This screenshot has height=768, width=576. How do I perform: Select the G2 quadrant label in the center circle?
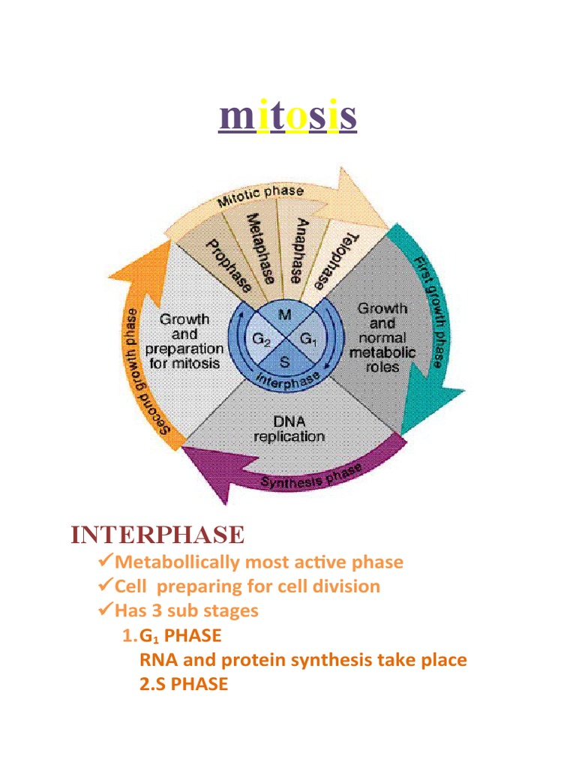[x=262, y=340]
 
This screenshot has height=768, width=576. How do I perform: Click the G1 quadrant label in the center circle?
[x=308, y=340]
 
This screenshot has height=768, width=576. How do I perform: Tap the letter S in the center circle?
[x=285, y=360]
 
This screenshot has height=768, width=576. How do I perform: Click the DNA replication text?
[x=289, y=427]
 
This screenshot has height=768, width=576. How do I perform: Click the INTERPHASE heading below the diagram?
[x=157, y=535]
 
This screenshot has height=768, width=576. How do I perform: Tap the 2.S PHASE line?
[x=184, y=684]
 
